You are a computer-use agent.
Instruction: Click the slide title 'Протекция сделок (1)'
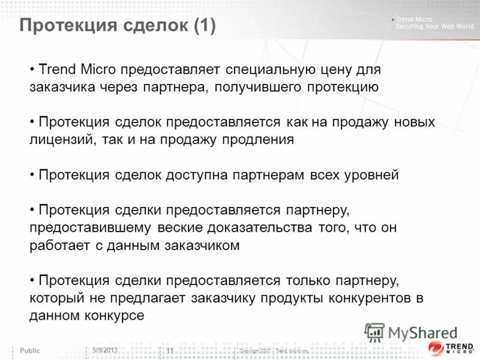(118, 26)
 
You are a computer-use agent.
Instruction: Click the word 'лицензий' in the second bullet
(58, 140)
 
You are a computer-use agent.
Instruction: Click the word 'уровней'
(371, 175)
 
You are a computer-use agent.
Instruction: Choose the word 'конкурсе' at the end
(114, 316)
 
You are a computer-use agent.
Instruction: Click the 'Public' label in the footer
(31, 350)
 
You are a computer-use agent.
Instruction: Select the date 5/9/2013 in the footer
(105, 350)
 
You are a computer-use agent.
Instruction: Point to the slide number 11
(170, 350)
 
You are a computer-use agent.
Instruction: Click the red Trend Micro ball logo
(437, 349)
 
